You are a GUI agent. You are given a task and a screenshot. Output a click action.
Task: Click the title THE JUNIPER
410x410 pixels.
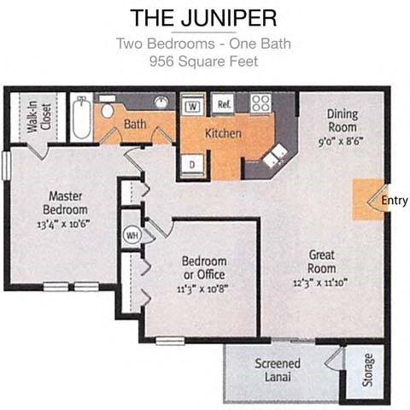pyautogui.click(x=204, y=17)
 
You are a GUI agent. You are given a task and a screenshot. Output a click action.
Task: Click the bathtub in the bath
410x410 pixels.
pyautogui.click(x=80, y=119)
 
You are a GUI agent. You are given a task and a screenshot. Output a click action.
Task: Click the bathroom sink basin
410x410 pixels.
pyautogui.click(x=161, y=103)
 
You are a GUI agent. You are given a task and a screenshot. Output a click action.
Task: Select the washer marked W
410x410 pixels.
pyautogui.click(x=193, y=107)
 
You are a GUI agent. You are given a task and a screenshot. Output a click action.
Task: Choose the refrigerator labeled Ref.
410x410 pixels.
pyautogui.click(x=225, y=104)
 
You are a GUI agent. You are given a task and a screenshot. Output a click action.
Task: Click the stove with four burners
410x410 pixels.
pyautogui.click(x=261, y=104)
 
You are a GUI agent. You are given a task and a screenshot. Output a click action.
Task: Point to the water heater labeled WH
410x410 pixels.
pyautogui.click(x=132, y=234)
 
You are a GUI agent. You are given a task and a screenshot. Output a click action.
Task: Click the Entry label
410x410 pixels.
pyautogui.click(x=395, y=202)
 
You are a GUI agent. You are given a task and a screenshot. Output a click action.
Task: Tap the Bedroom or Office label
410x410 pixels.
pyautogui.click(x=203, y=266)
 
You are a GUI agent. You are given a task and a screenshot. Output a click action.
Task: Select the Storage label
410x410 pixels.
pyautogui.click(x=368, y=372)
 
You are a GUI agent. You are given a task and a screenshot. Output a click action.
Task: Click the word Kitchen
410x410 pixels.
pyautogui.click(x=223, y=133)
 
